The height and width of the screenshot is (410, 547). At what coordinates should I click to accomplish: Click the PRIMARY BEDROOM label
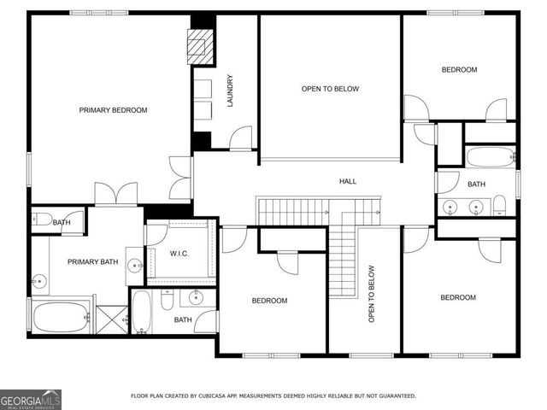113,110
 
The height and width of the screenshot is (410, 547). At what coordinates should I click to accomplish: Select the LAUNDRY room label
230,91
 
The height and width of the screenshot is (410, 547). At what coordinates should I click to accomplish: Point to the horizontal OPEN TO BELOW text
330,89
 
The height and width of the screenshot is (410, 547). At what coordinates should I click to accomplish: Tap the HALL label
348,181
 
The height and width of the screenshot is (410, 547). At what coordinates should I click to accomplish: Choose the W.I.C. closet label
179,252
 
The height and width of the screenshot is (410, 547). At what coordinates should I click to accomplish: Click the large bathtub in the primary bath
60,317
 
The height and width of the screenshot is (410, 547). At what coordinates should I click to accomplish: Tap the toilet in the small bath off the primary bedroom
43,220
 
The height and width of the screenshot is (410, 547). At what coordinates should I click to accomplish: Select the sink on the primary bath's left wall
38,279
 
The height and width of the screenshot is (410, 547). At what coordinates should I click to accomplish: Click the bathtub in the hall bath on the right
490,156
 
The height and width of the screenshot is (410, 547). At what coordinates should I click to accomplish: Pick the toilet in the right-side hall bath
500,204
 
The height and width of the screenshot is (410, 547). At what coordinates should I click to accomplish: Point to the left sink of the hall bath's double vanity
450,205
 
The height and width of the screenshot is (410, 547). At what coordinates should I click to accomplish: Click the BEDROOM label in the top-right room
459,70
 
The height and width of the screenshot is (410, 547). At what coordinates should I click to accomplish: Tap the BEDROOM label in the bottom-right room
457,297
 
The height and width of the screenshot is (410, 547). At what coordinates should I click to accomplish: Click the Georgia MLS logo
31,399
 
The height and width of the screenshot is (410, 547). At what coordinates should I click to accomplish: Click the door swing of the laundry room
240,138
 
